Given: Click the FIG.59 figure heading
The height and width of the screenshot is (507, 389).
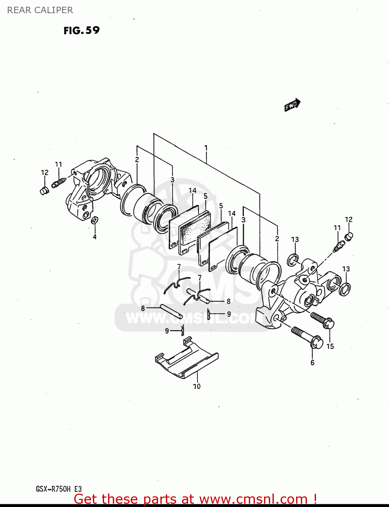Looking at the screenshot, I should pos(81,30).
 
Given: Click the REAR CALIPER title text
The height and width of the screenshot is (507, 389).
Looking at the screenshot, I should pos(40,10).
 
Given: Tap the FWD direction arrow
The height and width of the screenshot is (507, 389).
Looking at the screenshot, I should pos(292,105).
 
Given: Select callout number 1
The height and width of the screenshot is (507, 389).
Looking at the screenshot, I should pos(206,148).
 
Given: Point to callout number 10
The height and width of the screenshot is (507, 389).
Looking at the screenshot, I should pos(197,386).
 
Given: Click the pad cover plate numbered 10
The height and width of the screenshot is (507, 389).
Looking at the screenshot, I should pos(187,360).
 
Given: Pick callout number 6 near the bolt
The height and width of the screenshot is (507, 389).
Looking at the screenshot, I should pos(312,363).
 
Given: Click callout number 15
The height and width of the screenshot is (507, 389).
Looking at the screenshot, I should pos(330,346).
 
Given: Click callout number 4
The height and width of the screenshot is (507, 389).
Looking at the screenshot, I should pos(95,237).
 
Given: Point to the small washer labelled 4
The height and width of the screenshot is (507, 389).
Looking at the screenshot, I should pos(95,220).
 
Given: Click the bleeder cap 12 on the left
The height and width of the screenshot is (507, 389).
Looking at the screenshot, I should pos(44,191).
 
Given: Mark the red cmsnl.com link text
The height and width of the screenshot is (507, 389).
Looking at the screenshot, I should pos(195,499).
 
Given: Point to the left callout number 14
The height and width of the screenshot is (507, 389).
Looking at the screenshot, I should pos(192,191).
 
